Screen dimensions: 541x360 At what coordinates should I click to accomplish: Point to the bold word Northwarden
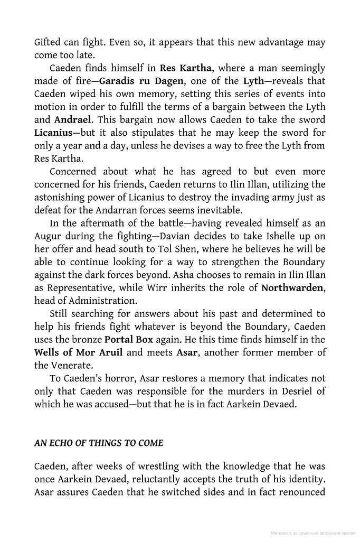tap(293, 288)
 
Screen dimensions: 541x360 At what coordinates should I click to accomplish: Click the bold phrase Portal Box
tap(129, 339)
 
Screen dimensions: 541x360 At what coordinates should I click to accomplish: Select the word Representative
tap(82, 288)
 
